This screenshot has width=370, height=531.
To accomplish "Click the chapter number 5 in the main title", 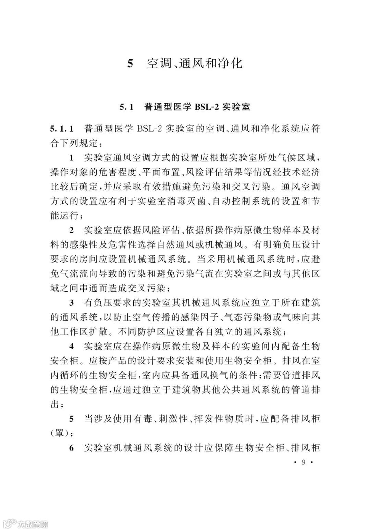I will (x=130, y=64).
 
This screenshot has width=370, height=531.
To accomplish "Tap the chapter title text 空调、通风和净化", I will (x=195, y=64).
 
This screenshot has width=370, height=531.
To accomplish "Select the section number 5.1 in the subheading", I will (x=126, y=107).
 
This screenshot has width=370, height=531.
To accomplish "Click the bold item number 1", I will (x=72, y=158).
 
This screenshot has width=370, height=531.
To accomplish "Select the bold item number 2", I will (x=72, y=230).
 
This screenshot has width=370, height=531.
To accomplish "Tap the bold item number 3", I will (x=72, y=302).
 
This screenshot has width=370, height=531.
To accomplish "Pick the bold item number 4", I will (x=72, y=346).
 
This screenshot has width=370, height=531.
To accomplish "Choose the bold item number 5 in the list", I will (x=72, y=419).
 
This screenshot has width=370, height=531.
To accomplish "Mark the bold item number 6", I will (x=72, y=448).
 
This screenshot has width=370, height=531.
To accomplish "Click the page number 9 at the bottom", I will (x=303, y=462).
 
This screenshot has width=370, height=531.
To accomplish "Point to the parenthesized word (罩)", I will (x=60, y=433).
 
